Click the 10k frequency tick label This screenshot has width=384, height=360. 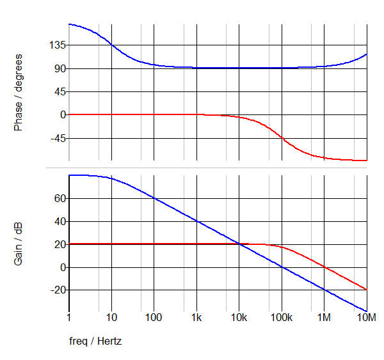[x=239, y=318]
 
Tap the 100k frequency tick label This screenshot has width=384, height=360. [x=282, y=318]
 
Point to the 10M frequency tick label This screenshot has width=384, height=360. [x=367, y=318]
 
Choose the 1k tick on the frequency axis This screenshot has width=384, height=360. [x=196, y=318]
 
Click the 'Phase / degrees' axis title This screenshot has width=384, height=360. [x=18, y=92]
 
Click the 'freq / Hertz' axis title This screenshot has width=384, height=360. [x=95, y=341]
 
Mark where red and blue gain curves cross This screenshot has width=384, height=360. [x=239, y=244]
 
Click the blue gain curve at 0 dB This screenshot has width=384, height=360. [x=282, y=267]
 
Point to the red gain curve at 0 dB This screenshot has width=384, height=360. [x=324, y=267]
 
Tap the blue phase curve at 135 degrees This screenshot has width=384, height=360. [x=111, y=45]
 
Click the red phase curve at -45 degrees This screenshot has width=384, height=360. [x=282, y=138]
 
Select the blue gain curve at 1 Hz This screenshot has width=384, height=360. [x=69, y=175]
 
